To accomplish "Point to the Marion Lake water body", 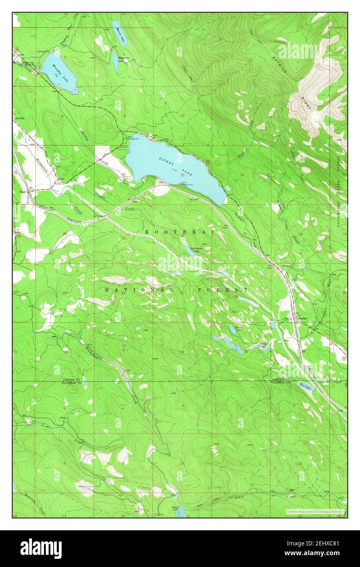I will (x=120, y=33).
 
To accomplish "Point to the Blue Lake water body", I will (x=306, y=385).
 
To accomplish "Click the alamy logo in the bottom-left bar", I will (x=41, y=548).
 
